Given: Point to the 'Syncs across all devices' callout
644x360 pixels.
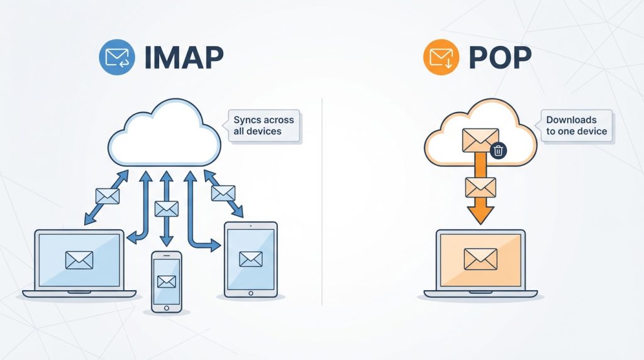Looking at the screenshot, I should pos(263,125).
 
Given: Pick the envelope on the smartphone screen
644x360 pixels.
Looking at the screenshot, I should pos(167,281).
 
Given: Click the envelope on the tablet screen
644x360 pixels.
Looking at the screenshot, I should pos(250,258).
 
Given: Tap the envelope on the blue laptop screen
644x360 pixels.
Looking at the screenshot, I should pos(79,260).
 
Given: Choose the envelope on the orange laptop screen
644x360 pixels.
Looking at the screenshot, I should pos(480,258).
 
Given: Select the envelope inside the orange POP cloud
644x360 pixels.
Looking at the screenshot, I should pos(480,140).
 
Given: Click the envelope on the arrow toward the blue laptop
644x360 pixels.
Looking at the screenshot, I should pos(107,196).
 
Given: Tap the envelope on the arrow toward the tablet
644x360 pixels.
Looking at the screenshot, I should pos(223,193).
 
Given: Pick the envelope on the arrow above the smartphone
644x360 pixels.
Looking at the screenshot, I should pos(166,209).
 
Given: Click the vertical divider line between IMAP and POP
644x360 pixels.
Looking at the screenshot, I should pos(322,201).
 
